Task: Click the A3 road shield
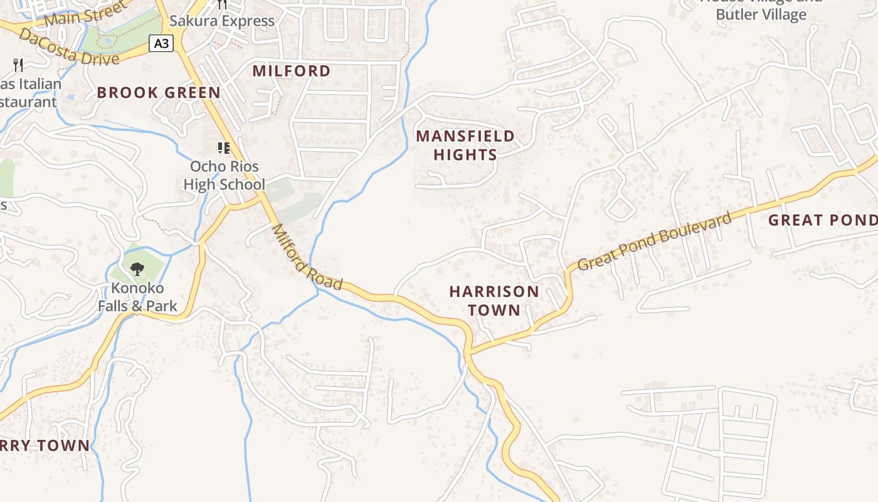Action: [161, 43]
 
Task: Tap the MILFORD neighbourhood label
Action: [292, 71]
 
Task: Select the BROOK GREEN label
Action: [159, 93]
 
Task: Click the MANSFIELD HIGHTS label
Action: [465, 145]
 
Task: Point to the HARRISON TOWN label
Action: [494, 301]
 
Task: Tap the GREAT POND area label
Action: [822, 220]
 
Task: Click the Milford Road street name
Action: [307, 258]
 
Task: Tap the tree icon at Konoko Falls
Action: [137, 269]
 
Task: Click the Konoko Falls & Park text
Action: [137, 297]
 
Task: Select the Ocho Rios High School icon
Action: [224, 148]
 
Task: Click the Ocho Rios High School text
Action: [224, 176]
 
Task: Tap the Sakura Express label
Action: [222, 21]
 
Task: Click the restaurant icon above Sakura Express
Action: [222, 4]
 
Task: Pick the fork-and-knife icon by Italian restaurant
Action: [18, 64]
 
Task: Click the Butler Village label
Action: [761, 14]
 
